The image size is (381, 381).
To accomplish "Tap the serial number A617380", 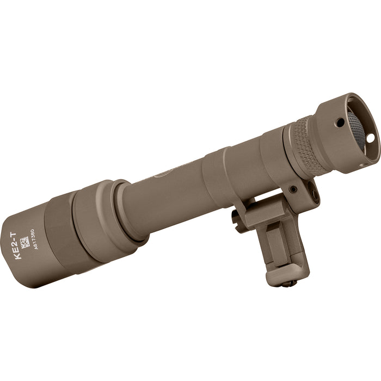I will click(34, 241).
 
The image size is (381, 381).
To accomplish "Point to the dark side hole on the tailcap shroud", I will click(340, 122).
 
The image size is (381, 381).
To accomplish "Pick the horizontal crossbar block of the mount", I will click(261, 215).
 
